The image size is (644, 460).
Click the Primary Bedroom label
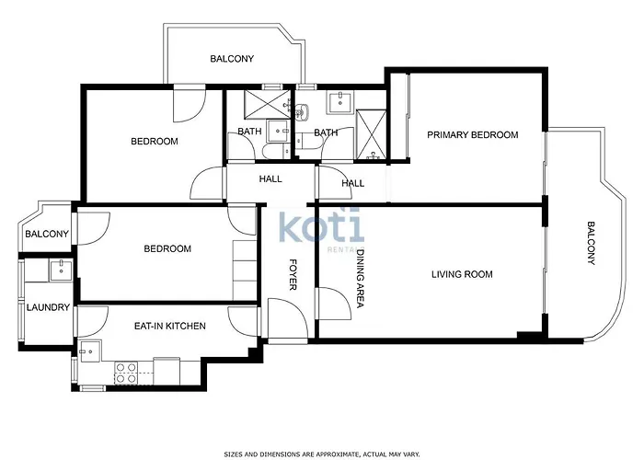click(x=472, y=134)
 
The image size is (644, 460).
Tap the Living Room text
click(x=462, y=274)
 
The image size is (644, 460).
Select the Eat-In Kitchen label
click(x=169, y=326)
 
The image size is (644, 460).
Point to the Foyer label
click(x=293, y=274)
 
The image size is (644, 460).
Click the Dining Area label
click(x=361, y=279)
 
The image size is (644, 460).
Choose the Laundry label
click(x=48, y=307)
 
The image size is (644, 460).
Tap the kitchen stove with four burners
click(x=126, y=373)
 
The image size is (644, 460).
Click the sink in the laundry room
click(x=61, y=270)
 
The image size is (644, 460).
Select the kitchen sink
click(x=90, y=351)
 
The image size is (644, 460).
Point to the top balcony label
click(x=232, y=59)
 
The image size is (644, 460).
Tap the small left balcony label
click(x=47, y=234)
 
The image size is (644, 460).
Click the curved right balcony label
click(x=591, y=243)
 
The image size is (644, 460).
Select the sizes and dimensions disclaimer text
click(x=322, y=454)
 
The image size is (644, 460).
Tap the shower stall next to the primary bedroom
click(x=371, y=134)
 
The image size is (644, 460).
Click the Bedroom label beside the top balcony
click(x=155, y=142)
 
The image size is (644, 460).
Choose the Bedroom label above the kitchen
click(x=167, y=249)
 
